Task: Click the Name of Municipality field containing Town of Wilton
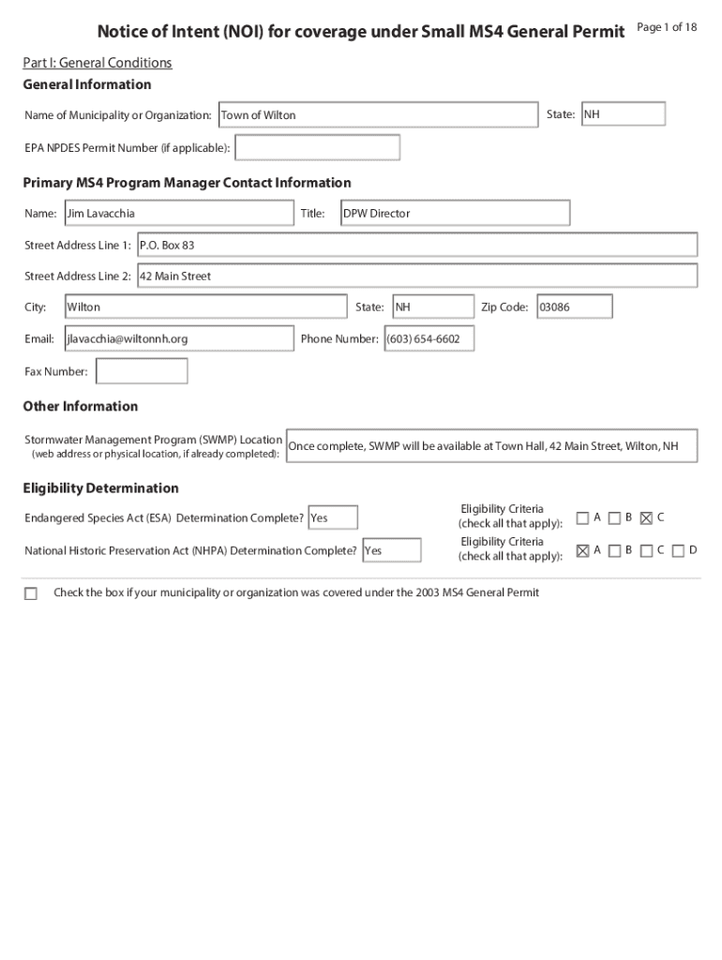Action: pyautogui.click(x=378, y=115)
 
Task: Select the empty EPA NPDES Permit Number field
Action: pyautogui.click(x=317, y=148)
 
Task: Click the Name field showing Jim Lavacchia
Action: pyautogui.click(x=178, y=214)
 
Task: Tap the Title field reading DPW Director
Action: pyautogui.click(x=454, y=214)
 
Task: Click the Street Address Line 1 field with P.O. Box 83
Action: pyautogui.click(x=417, y=245)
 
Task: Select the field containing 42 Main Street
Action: pyautogui.click(x=417, y=277)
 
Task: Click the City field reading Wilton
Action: pyautogui.click(x=204, y=307)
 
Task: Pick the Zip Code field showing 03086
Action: pyautogui.click(x=574, y=307)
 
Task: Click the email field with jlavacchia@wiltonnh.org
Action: pyautogui.click(x=178, y=338)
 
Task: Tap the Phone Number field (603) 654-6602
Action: pyautogui.click(x=429, y=338)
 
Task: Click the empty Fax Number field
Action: pyautogui.click(x=142, y=371)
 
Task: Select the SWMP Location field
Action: pyautogui.click(x=491, y=446)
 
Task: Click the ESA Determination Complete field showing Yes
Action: pyautogui.click(x=332, y=517)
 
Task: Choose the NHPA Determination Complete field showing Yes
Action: pyautogui.click(x=391, y=550)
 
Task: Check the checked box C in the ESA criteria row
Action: pyautogui.click(x=646, y=518)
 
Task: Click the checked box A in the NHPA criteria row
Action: pyautogui.click(x=582, y=551)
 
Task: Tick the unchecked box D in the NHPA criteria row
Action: pyautogui.click(x=678, y=551)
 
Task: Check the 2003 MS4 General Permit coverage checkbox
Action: pyautogui.click(x=31, y=593)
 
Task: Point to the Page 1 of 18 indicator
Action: pyautogui.click(x=667, y=27)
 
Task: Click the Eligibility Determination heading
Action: pyautogui.click(x=100, y=488)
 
